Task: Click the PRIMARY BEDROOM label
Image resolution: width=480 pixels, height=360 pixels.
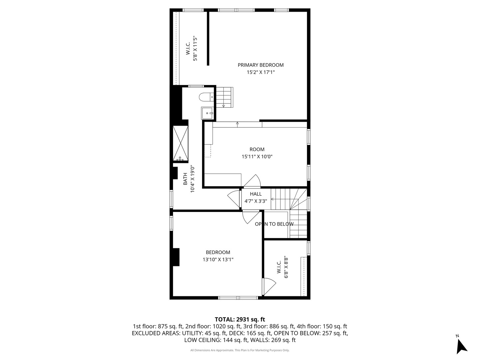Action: (x=260, y=65)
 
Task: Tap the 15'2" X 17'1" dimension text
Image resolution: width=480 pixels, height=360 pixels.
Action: (x=260, y=72)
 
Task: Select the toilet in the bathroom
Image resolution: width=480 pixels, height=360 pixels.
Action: (x=206, y=97)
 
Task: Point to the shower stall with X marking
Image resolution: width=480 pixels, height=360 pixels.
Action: (x=180, y=144)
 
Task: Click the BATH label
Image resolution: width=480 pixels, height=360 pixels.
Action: (x=185, y=179)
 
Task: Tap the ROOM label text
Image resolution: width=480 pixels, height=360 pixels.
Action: (x=257, y=149)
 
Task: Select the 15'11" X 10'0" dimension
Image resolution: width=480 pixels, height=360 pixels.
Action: (x=257, y=157)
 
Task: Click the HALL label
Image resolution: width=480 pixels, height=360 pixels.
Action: (x=256, y=194)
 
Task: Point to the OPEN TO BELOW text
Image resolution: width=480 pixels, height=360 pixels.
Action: (x=274, y=224)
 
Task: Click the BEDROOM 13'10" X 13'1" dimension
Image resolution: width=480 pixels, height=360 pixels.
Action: (x=218, y=260)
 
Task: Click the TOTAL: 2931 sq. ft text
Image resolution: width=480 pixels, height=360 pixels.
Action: (x=240, y=319)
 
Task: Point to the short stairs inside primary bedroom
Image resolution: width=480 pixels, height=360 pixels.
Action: (x=224, y=97)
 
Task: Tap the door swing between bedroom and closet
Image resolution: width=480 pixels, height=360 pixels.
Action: (x=269, y=286)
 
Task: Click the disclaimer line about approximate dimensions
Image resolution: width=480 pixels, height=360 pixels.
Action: (x=240, y=350)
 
